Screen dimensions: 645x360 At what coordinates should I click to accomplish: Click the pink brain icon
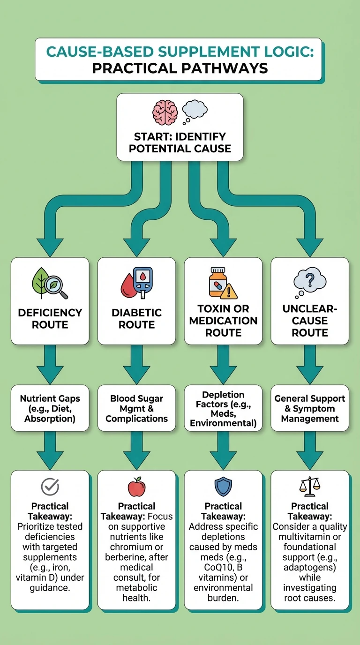click(165, 112)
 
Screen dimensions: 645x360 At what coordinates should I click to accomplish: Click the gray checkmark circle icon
click(50, 487)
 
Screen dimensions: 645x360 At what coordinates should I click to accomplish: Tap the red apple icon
click(136, 487)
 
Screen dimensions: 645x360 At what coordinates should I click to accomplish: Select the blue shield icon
click(223, 487)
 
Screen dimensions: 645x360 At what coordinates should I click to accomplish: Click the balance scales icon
click(310, 487)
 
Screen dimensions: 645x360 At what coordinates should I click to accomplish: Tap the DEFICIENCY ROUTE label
click(50, 318)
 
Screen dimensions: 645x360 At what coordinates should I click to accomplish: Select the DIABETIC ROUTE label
click(136, 318)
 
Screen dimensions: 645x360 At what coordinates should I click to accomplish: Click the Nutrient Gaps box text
click(50, 408)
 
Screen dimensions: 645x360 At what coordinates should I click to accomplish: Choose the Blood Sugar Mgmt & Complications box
click(136, 408)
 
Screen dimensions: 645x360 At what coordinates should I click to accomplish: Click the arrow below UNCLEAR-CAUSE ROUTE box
click(310, 363)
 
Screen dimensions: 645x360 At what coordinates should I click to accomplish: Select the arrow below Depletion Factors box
click(223, 450)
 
